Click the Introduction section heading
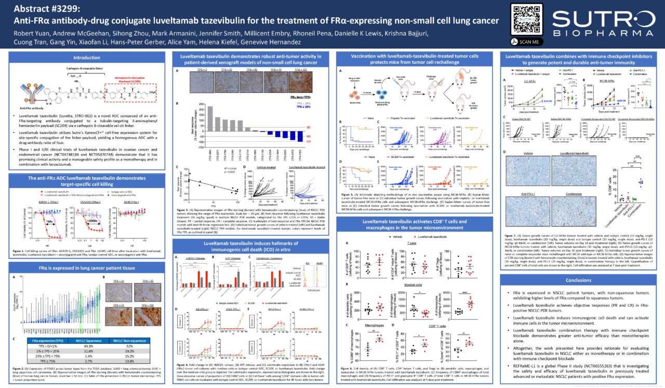point(87,58)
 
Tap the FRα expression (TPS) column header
point(45,341)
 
